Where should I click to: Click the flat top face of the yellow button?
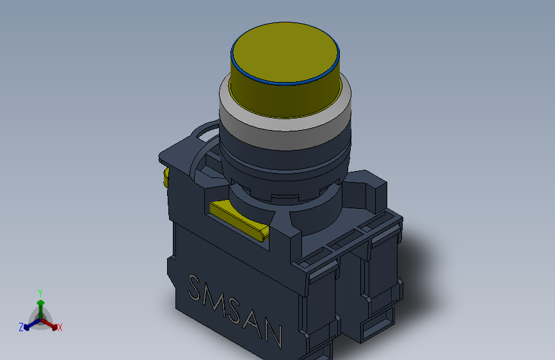pos(285,53)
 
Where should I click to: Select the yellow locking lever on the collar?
pos(239,220)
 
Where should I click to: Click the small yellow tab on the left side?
pos(166,177)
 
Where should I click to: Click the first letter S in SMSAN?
pos(195,288)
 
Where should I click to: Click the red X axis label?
pos(60,327)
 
